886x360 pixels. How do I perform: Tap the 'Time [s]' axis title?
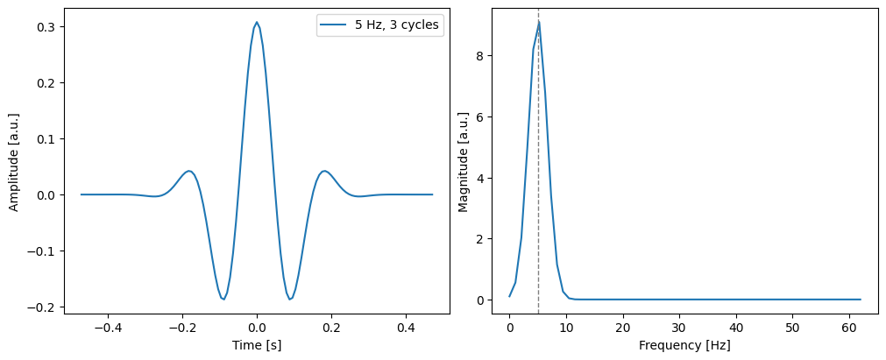click(x=257, y=346)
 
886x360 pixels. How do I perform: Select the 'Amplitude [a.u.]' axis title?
click(x=14, y=161)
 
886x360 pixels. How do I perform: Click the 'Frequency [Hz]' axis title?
click(x=684, y=346)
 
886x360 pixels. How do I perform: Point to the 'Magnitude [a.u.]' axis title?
click(x=464, y=161)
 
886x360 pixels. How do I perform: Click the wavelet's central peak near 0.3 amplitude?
click(x=257, y=22)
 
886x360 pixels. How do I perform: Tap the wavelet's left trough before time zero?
click(x=223, y=300)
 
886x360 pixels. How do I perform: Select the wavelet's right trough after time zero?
click(x=290, y=300)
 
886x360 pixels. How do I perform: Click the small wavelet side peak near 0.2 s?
click(x=325, y=171)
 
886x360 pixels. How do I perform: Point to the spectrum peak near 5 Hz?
click(x=539, y=21)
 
